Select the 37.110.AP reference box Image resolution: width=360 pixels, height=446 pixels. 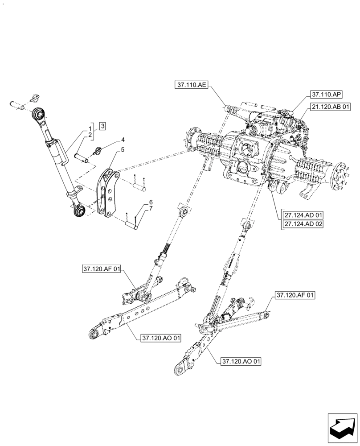326,95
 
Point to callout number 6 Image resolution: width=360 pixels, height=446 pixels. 151,202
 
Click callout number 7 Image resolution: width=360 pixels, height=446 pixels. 151,209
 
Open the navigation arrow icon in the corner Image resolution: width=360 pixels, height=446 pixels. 342,427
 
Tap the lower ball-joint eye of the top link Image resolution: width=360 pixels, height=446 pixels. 79,211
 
